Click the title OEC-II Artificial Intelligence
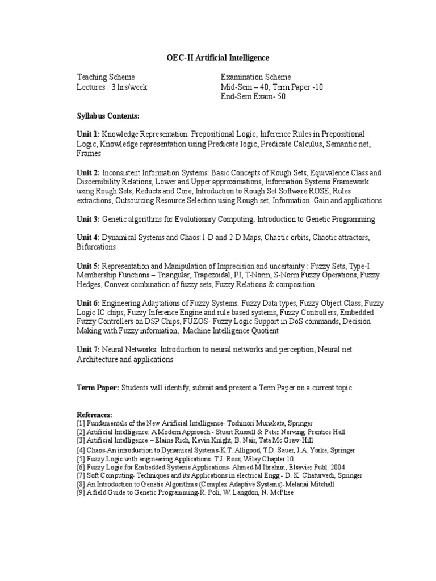[217, 58]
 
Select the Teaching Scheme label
[106, 77]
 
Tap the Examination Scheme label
[255, 77]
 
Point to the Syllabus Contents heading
[108, 116]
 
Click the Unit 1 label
[88, 134]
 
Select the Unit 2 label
[88, 172]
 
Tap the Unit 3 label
[88, 220]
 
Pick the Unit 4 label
[88, 238]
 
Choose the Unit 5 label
[88, 266]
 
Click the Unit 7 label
[88, 350]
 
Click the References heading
[94, 415]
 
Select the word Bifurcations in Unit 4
[97, 247]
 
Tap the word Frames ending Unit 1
[89, 153]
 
